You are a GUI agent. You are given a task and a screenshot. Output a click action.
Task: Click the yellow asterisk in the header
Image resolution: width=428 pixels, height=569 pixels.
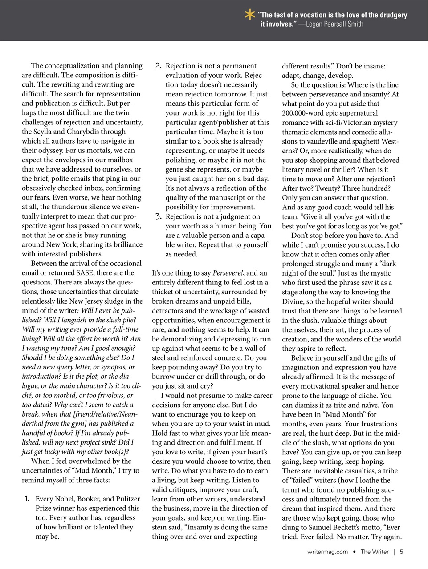249,15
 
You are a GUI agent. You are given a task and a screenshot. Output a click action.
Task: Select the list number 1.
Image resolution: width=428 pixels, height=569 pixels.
27,499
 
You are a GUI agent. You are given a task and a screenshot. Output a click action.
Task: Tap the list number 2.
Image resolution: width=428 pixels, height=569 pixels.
158,66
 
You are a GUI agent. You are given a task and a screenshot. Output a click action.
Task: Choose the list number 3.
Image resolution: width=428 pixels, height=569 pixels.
158,217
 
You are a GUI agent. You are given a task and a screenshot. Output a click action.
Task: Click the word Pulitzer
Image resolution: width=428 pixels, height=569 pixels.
125,499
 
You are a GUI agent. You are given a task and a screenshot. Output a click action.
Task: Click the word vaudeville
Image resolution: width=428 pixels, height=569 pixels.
314,141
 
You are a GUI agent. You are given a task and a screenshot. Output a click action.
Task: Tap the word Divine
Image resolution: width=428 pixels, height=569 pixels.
293,302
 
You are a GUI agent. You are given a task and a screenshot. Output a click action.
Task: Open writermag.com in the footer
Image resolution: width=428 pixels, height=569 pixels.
327,552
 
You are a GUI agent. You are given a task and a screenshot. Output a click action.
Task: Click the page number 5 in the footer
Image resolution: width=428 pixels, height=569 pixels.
401,552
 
